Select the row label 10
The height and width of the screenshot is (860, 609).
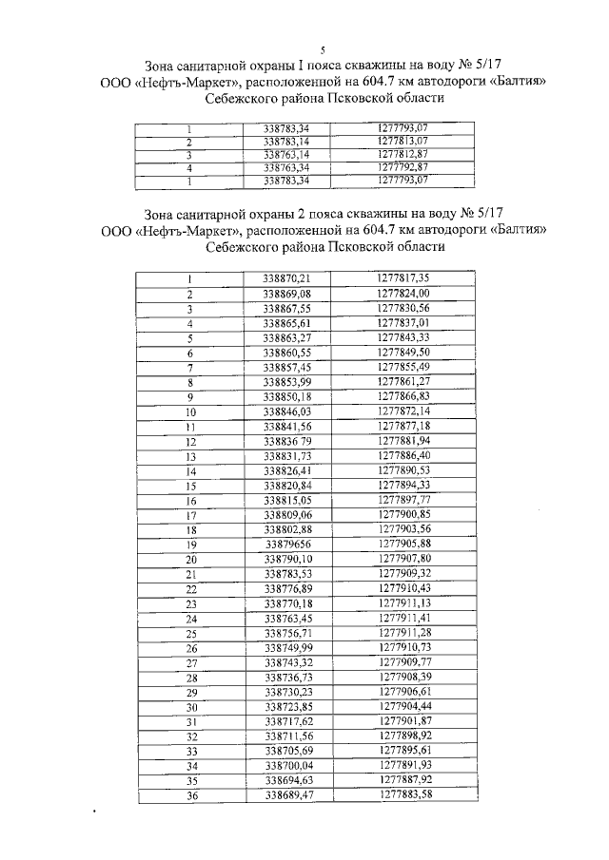point(190,412)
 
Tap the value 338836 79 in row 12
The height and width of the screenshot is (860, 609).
point(287,442)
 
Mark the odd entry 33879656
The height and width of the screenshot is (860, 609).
point(287,545)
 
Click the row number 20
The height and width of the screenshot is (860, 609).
point(190,560)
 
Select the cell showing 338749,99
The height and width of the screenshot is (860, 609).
point(287,648)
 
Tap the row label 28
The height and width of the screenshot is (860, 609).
point(190,678)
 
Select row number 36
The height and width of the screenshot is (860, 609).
point(190,796)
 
